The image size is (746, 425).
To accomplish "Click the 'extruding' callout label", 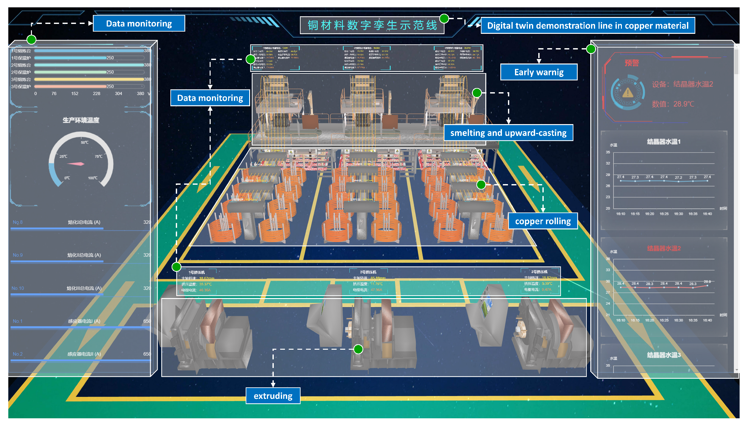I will click(x=273, y=396).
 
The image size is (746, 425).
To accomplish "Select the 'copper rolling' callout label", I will click(x=543, y=221).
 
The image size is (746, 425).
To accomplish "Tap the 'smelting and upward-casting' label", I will click(x=508, y=133).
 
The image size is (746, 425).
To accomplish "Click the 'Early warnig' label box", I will click(x=539, y=72).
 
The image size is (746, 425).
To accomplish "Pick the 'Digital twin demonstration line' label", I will click(x=587, y=26).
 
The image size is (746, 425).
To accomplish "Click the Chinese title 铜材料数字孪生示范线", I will click(x=372, y=25).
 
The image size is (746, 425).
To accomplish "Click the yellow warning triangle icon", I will click(x=628, y=93).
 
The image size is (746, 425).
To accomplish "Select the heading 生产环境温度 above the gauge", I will click(x=81, y=120).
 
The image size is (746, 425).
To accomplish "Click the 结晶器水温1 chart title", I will click(x=663, y=142).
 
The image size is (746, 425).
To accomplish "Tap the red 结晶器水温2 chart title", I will click(x=663, y=248).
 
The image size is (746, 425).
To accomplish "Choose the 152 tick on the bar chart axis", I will click(x=75, y=93).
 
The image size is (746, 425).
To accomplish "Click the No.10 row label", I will click(x=18, y=288).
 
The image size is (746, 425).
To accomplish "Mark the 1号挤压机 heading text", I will click(x=197, y=272).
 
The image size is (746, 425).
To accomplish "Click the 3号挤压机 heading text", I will click(x=539, y=272).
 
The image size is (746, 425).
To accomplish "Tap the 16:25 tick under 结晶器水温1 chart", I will click(x=664, y=214).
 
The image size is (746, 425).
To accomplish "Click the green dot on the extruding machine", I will click(x=358, y=349).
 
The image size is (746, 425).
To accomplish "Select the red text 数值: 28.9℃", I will click(x=673, y=104).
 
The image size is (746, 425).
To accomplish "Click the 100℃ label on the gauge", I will click(x=93, y=178).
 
